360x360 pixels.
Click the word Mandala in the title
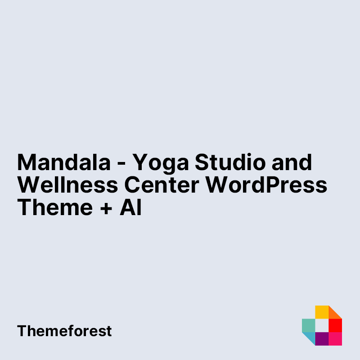pyautogui.click(x=64, y=162)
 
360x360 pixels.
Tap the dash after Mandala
pyautogui.click(x=121, y=164)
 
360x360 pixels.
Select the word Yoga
pyautogui.click(x=161, y=164)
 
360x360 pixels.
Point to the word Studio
pyautogui.click(x=230, y=162)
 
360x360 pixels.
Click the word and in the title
pyautogui.click(x=292, y=162)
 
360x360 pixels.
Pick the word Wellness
pyautogui.click(x=68, y=184)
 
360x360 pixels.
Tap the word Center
pyautogui.click(x=162, y=184)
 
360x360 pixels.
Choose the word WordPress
pyautogui.click(x=266, y=184)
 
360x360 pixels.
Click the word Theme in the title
pyautogui.click(x=55, y=207)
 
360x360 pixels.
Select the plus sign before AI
pyautogui.click(x=106, y=209)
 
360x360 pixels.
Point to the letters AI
pyautogui.click(x=130, y=207)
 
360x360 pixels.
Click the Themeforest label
pyautogui.click(x=64, y=331)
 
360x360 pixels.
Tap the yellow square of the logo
pyautogui.click(x=322, y=312)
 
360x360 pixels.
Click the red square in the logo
pyautogui.click(x=335, y=325)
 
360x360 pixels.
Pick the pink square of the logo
pyautogui.click(x=335, y=339)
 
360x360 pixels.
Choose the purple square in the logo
pyautogui.click(x=322, y=339)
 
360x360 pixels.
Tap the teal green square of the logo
pyautogui.click(x=309, y=325)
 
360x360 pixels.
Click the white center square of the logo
pyautogui.click(x=322, y=325)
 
